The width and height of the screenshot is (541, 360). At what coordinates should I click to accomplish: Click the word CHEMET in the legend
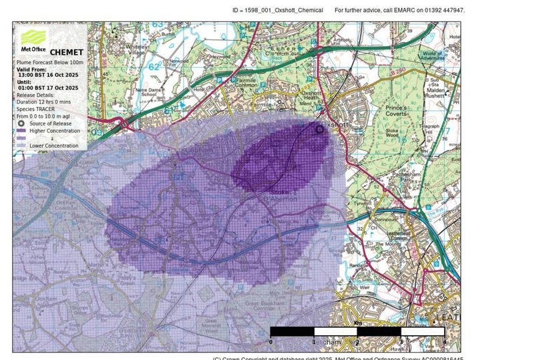[x=67, y=53]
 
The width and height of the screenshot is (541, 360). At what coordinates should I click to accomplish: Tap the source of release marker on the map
[x=319, y=130]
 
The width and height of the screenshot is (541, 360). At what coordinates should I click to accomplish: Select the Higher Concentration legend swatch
[x=21, y=131]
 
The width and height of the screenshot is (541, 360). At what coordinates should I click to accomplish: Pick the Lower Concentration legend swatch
[x=21, y=145]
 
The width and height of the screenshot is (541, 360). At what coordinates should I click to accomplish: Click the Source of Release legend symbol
[x=21, y=124]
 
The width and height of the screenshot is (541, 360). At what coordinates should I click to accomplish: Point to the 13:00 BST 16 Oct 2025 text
[x=48, y=75]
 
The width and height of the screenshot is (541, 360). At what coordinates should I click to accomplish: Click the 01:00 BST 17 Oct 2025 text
[x=48, y=88]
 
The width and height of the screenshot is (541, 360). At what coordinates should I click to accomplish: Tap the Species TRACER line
[x=40, y=109]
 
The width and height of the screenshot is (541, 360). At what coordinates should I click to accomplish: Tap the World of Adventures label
[x=433, y=56]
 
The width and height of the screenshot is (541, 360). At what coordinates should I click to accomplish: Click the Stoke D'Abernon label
[x=274, y=194]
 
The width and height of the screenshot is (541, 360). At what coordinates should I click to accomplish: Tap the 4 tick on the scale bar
[x=445, y=341]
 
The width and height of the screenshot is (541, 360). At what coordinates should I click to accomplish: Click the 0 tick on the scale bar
[x=270, y=341]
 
